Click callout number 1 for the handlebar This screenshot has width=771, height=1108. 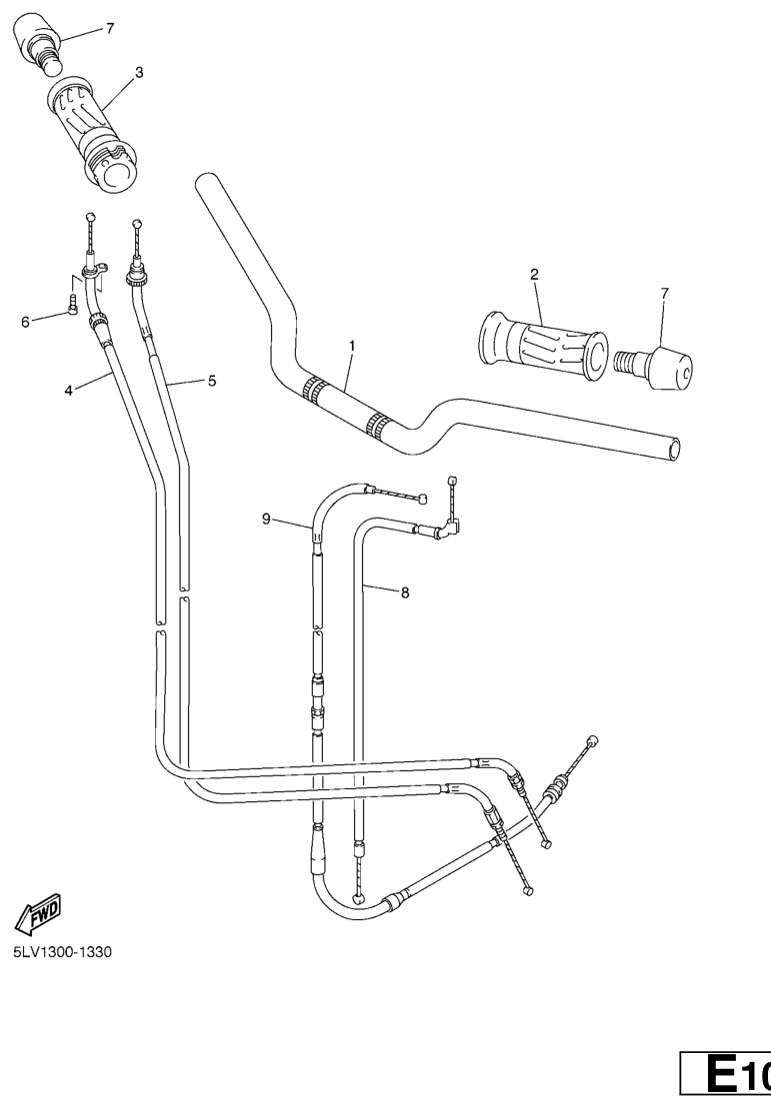[352, 346]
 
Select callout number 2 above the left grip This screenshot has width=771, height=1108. [534, 274]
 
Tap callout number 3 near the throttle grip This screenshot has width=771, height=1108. [139, 72]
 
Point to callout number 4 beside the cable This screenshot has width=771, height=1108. [69, 390]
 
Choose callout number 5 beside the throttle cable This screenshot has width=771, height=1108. [211, 381]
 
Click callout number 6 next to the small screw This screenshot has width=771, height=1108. [25, 323]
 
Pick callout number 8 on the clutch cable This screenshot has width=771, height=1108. [405, 592]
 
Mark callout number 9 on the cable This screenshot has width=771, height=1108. [266, 520]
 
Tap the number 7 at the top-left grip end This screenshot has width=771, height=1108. [110, 28]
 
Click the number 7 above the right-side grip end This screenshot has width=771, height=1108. [663, 293]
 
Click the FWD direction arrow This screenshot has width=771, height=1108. [38, 911]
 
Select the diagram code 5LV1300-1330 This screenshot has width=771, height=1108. [62, 952]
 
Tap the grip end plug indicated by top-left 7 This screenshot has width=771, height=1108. [42, 42]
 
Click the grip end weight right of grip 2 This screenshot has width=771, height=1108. [654, 366]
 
